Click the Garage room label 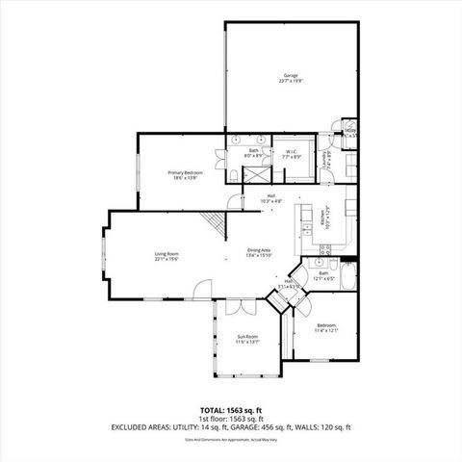coord(290,75)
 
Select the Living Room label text coord(167,254)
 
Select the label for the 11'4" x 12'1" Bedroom coord(327,326)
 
